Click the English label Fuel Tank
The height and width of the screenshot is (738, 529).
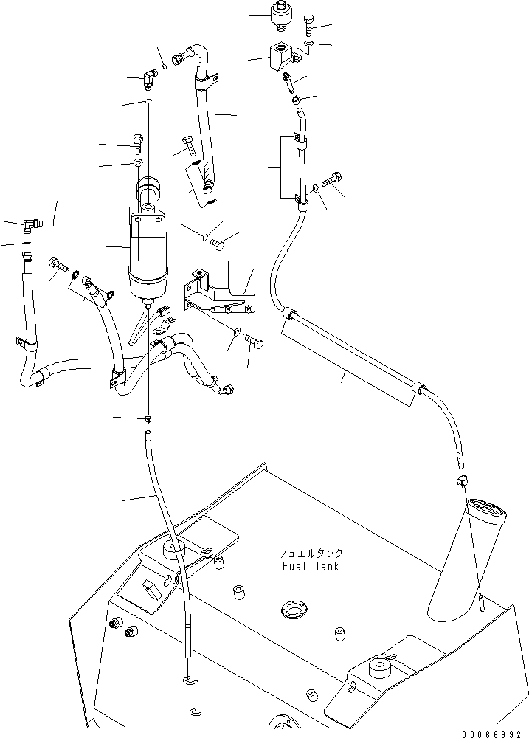[x=310, y=566]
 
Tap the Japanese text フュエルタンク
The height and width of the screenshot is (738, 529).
[x=311, y=553]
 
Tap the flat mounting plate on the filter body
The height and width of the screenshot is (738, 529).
[x=150, y=226]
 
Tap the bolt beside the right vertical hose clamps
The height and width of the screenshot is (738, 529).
[x=333, y=179]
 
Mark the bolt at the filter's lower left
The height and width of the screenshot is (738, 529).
[x=58, y=262]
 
